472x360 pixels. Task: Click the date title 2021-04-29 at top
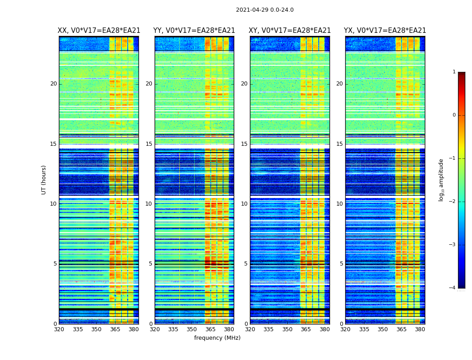click(264, 10)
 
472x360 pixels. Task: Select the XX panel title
click(99, 31)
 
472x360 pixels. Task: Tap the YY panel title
click(194, 31)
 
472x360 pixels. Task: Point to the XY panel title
click(290, 31)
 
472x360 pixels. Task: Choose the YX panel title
click(385, 31)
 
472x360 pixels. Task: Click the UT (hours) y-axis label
click(44, 180)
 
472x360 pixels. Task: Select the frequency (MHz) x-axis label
click(217, 338)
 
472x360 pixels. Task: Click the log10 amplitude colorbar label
click(441, 180)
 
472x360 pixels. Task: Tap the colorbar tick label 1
click(454, 72)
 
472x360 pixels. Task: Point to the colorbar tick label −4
click(453, 288)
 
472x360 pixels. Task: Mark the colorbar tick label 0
click(454, 115)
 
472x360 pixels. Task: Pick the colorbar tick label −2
click(453, 202)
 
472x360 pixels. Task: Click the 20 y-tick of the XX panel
click(53, 84)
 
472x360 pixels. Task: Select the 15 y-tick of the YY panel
click(149, 144)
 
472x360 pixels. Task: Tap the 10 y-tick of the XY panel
click(244, 204)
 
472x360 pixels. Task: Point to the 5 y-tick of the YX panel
click(341, 264)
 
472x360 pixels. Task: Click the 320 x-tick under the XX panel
click(59, 329)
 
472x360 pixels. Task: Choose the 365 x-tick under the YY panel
click(210, 329)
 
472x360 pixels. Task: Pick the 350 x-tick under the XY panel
click(287, 329)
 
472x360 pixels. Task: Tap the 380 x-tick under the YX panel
click(420, 329)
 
